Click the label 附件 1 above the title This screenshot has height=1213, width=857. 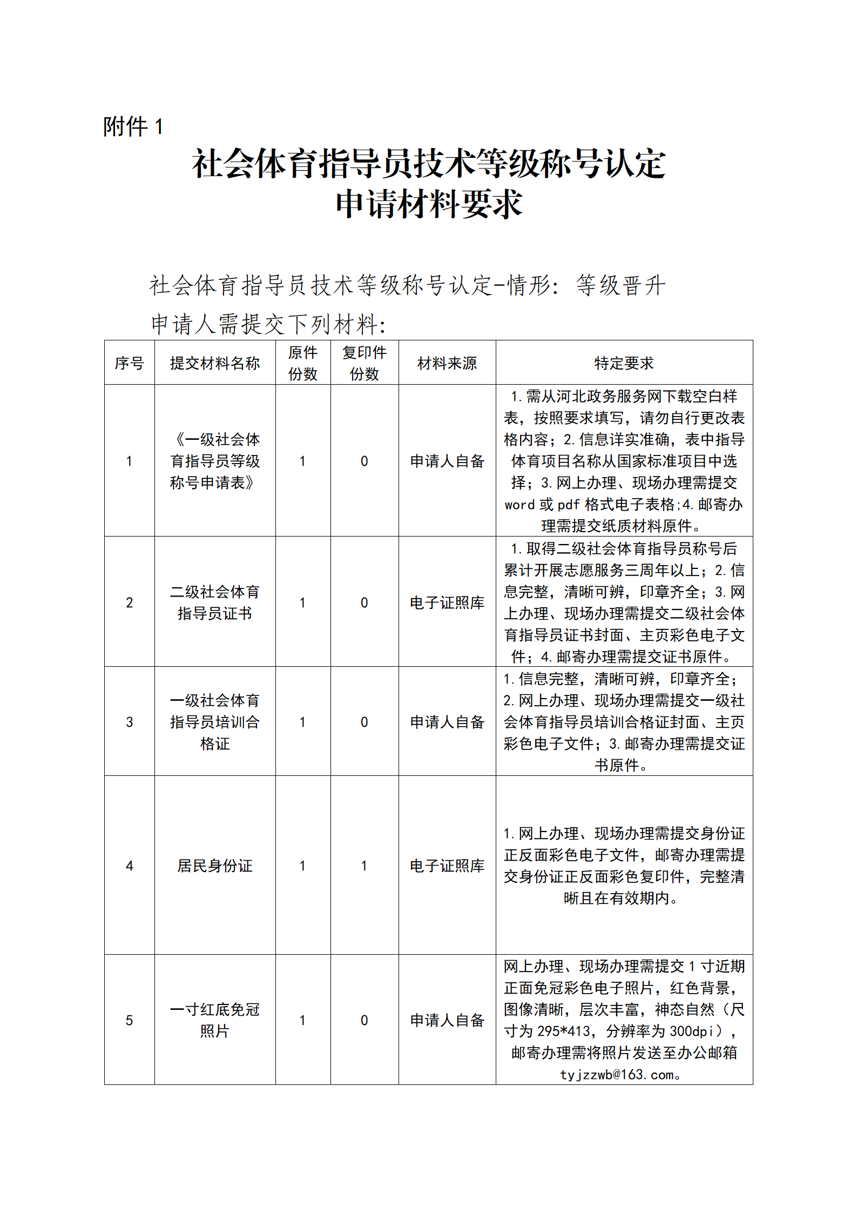133,127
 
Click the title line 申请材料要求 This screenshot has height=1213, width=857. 429,205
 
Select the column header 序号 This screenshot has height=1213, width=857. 129,363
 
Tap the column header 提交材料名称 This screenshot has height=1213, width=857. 215,363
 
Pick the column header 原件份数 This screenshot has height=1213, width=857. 302,363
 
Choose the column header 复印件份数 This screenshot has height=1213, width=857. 365,363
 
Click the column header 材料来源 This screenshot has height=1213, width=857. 447,363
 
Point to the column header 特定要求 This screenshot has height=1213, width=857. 624,363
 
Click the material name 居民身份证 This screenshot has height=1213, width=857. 215,866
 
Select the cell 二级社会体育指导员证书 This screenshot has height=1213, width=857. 215,602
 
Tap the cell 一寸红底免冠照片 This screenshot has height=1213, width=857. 215,1020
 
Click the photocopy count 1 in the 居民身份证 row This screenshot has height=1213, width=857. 365,866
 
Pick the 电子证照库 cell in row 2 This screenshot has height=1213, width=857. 447,602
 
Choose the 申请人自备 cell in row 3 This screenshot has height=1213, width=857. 447,722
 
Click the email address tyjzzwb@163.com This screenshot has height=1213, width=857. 618,1075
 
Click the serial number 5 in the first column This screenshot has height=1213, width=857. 129,1020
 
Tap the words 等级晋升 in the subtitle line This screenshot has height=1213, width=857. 621,285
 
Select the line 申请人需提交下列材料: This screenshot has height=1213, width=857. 268,324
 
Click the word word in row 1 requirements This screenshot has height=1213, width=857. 519,505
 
